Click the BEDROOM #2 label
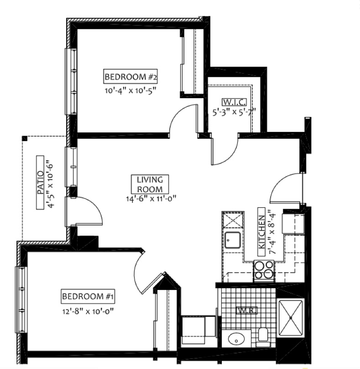point(130,76)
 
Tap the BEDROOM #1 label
point(88,296)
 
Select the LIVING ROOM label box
point(150,184)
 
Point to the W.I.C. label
point(234,102)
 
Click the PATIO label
point(40,182)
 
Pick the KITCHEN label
point(262,232)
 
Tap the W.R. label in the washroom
point(247,311)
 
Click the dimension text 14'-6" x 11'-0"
point(151,198)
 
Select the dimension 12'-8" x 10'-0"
point(88,311)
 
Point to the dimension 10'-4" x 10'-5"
point(130,90)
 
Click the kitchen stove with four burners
point(264,271)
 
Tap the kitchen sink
point(232,240)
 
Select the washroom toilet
point(263,337)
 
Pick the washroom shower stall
point(291,318)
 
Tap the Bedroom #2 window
point(71,81)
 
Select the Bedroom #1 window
point(21,300)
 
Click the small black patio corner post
point(25,138)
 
